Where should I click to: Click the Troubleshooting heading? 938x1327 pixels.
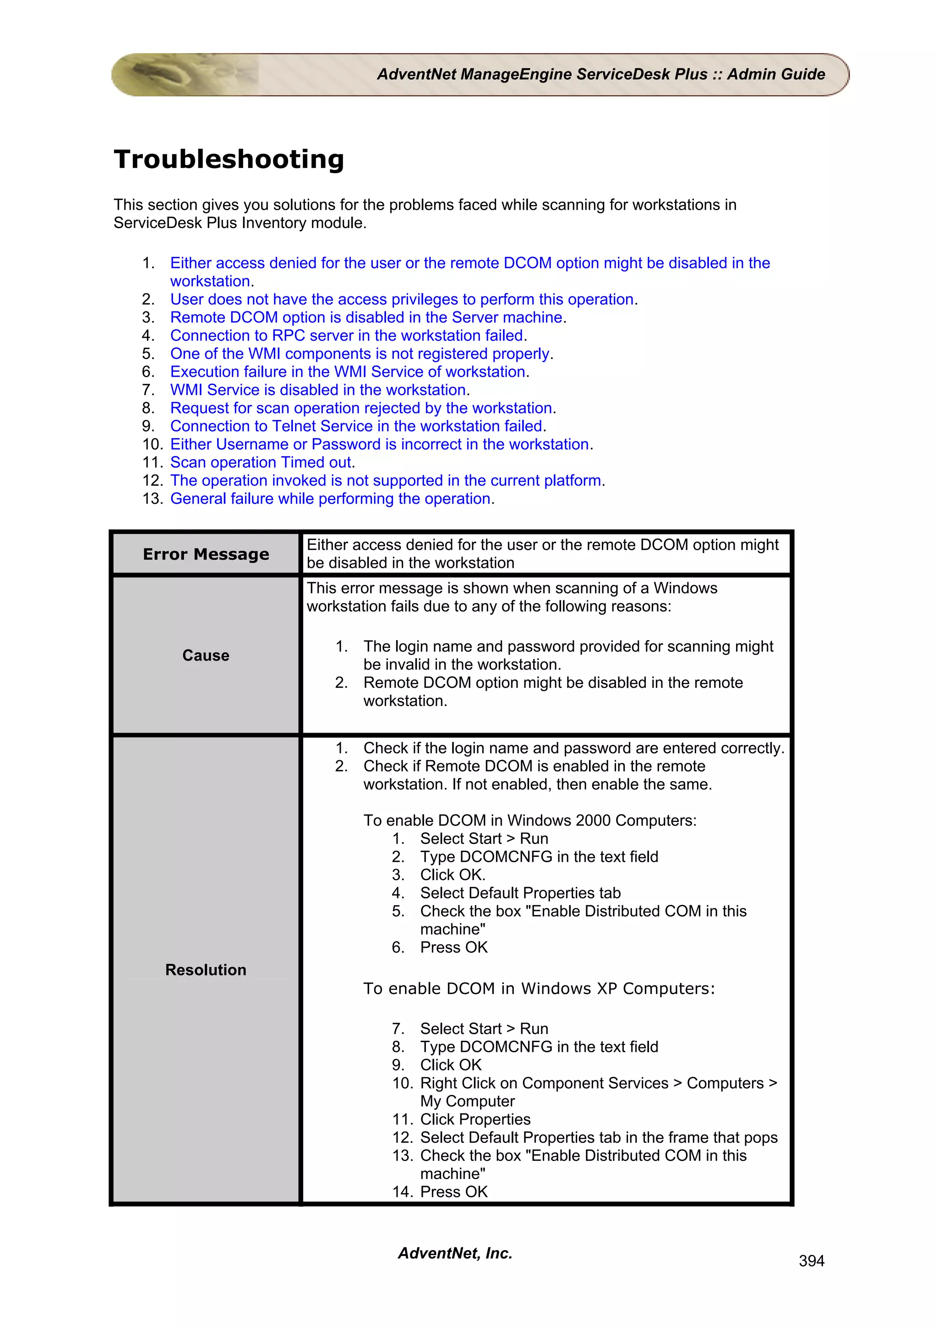tap(229, 159)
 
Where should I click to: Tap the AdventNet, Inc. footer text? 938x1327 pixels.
tap(455, 1252)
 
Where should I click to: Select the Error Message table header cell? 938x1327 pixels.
tap(206, 554)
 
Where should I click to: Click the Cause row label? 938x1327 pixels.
tap(206, 655)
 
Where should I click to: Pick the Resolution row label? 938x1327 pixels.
tap(206, 969)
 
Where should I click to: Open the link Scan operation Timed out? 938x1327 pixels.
tap(261, 462)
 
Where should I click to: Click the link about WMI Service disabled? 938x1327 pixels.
tap(319, 390)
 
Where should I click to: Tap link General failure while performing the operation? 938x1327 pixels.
tap(331, 498)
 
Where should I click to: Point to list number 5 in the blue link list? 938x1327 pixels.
tap(148, 354)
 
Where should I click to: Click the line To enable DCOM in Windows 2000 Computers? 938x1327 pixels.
tap(529, 820)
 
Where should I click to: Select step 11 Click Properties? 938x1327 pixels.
tap(474, 1119)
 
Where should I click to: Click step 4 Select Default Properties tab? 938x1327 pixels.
tap(520, 893)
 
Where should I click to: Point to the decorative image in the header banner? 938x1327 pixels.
tap(185, 74)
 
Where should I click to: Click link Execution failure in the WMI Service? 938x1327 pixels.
tap(348, 372)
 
